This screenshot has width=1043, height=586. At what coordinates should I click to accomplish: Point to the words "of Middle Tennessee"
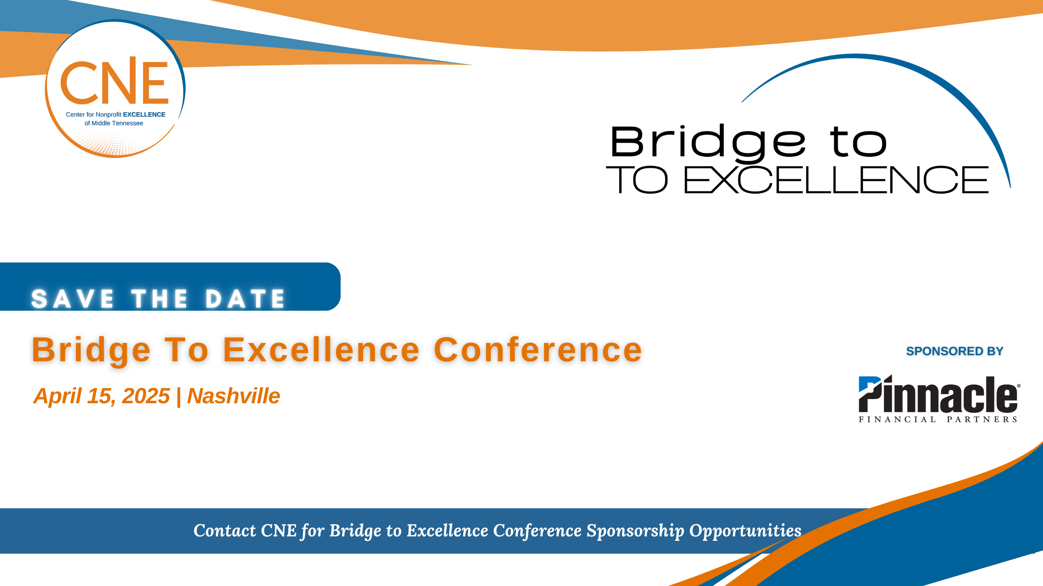(114, 123)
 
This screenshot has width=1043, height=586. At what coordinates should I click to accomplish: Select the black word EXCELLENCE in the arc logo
(836, 180)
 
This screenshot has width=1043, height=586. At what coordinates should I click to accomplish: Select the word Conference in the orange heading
(538, 350)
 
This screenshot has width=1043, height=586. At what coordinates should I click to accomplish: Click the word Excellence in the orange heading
(321, 350)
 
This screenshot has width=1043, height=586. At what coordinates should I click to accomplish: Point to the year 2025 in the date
(146, 396)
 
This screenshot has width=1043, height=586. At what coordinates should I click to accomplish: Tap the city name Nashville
(233, 396)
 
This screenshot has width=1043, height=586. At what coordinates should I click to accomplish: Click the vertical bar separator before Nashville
(179, 397)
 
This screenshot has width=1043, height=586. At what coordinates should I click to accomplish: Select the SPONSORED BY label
(954, 351)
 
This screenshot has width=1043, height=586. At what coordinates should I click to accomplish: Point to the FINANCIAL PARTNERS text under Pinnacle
(938, 419)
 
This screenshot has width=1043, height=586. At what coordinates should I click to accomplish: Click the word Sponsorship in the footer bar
(635, 531)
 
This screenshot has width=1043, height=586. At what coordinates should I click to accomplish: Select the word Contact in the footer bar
(225, 531)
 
